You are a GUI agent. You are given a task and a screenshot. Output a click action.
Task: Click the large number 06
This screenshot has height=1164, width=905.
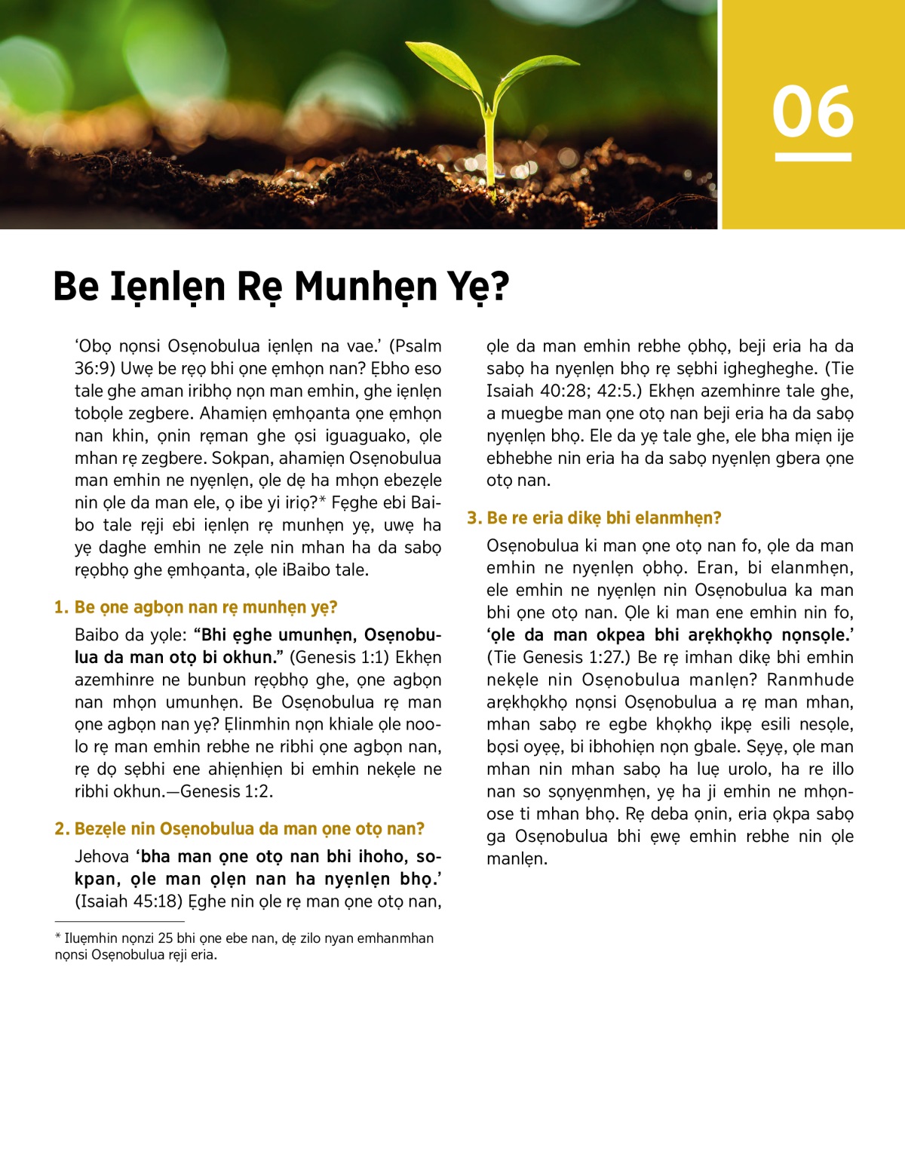[812, 112]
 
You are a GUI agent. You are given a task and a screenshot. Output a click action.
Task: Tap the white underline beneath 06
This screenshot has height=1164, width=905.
[812, 157]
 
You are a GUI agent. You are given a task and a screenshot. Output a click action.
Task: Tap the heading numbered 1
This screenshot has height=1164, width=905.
[195, 607]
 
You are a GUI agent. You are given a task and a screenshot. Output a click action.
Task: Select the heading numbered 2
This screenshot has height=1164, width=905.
[239, 829]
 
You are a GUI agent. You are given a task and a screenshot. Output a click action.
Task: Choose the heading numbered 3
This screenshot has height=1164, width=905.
[594, 518]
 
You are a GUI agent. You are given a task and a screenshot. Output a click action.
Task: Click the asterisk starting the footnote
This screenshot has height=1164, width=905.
[58, 938]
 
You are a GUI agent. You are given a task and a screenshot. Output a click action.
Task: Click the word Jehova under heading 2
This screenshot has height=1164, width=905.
[102, 857]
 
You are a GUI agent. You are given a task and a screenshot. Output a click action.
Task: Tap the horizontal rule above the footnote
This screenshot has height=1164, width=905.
[119, 921]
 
